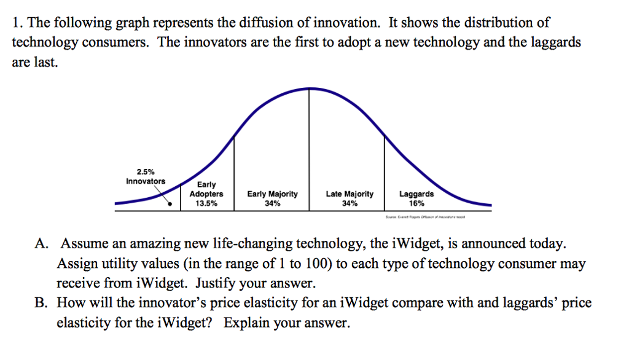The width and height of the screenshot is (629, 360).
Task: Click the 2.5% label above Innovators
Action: click(146, 171)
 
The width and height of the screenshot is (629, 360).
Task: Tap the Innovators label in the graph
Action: click(146, 181)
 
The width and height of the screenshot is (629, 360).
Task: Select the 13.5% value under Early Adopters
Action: click(206, 204)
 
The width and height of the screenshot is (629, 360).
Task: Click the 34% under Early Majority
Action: click(272, 204)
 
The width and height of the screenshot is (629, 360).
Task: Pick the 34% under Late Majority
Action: click(350, 204)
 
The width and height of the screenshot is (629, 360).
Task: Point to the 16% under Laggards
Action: click(416, 204)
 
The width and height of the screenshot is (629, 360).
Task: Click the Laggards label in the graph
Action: click(416, 194)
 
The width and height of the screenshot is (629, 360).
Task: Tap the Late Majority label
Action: click(350, 194)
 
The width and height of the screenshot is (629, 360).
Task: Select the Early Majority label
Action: click(272, 194)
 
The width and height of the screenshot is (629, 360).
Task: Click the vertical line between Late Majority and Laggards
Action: click(385, 172)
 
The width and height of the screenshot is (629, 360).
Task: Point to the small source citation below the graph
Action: click(424, 217)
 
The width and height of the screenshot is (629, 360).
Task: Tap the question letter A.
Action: click(41, 245)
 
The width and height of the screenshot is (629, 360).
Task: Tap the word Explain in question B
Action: click(246, 323)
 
